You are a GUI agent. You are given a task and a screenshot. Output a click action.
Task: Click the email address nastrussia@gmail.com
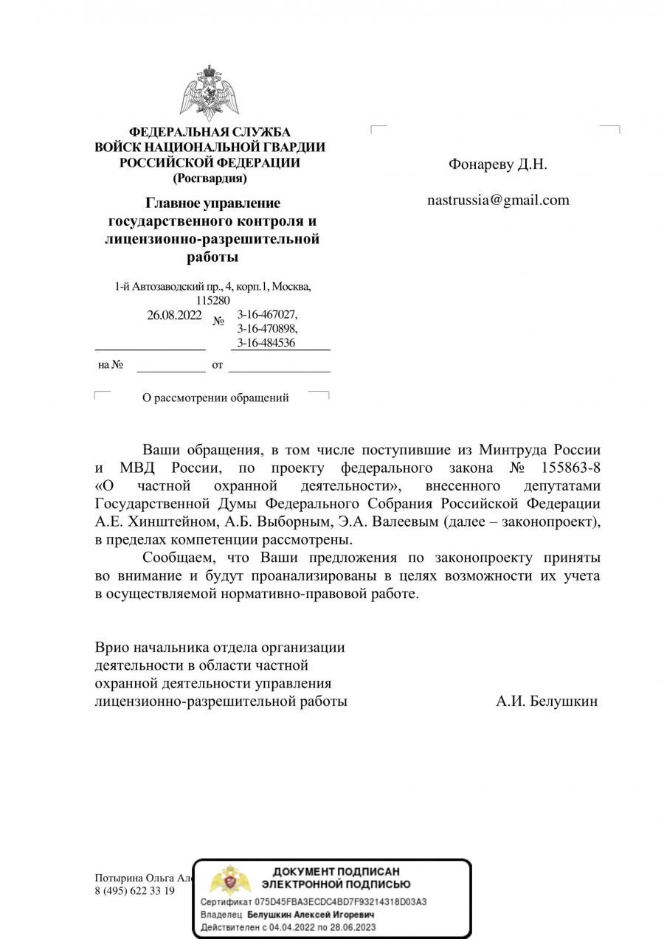click(x=499, y=200)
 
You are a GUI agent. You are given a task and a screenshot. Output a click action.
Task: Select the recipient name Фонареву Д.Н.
click(x=498, y=164)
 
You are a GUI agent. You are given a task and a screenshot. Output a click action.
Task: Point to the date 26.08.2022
click(x=174, y=315)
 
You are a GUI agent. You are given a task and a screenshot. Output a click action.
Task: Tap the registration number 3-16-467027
click(x=267, y=315)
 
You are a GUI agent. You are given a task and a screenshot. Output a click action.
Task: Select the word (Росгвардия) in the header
click(x=210, y=178)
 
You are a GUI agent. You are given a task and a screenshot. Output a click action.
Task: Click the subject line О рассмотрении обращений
click(x=215, y=398)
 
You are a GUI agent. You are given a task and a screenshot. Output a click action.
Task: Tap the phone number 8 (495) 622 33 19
click(x=135, y=890)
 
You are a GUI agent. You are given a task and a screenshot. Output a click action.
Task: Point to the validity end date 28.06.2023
click(x=353, y=926)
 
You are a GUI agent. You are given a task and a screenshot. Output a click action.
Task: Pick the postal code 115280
click(x=213, y=301)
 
